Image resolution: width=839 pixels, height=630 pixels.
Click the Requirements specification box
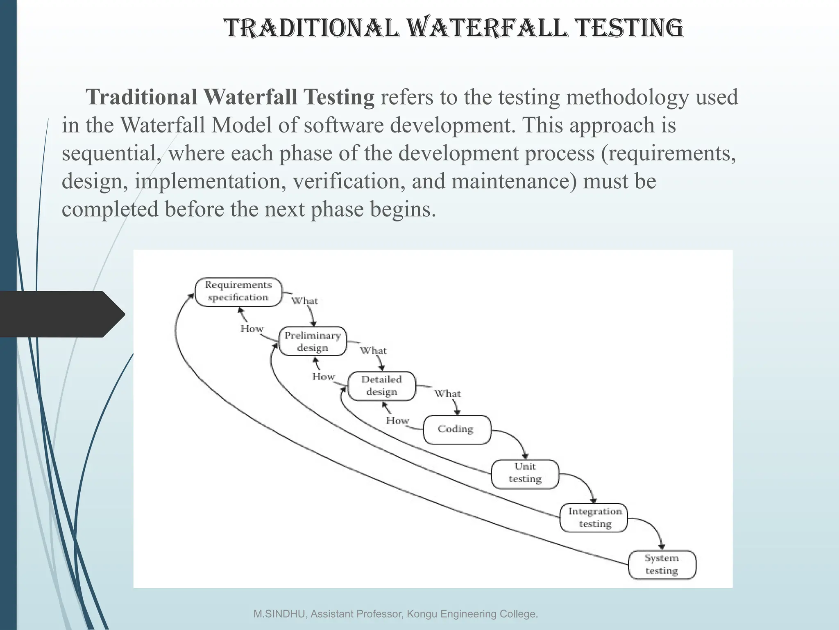(x=238, y=292)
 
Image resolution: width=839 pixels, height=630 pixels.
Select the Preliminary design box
(x=313, y=341)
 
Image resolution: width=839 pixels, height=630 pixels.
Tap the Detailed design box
(x=381, y=386)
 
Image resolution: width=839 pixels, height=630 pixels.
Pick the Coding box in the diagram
(x=456, y=429)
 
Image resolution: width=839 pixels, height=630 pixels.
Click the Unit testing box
(x=525, y=473)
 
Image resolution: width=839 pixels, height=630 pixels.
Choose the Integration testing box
(x=594, y=518)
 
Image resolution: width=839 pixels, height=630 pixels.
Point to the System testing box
(x=662, y=564)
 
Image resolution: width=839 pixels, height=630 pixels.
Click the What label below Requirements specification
(x=304, y=301)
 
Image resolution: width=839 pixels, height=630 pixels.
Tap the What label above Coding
(x=447, y=394)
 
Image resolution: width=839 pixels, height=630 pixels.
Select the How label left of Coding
(x=397, y=420)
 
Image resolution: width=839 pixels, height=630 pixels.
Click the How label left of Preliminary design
(x=252, y=329)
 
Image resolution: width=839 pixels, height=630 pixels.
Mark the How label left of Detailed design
(x=324, y=377)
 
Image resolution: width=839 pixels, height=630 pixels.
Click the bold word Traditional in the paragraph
(x=141, y=97)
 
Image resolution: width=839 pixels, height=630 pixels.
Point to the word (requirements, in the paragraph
(x=668, y=153)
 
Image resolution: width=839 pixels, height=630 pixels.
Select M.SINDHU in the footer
(x=280, y=614)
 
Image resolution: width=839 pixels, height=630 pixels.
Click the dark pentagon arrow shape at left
(x=61, y=314)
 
